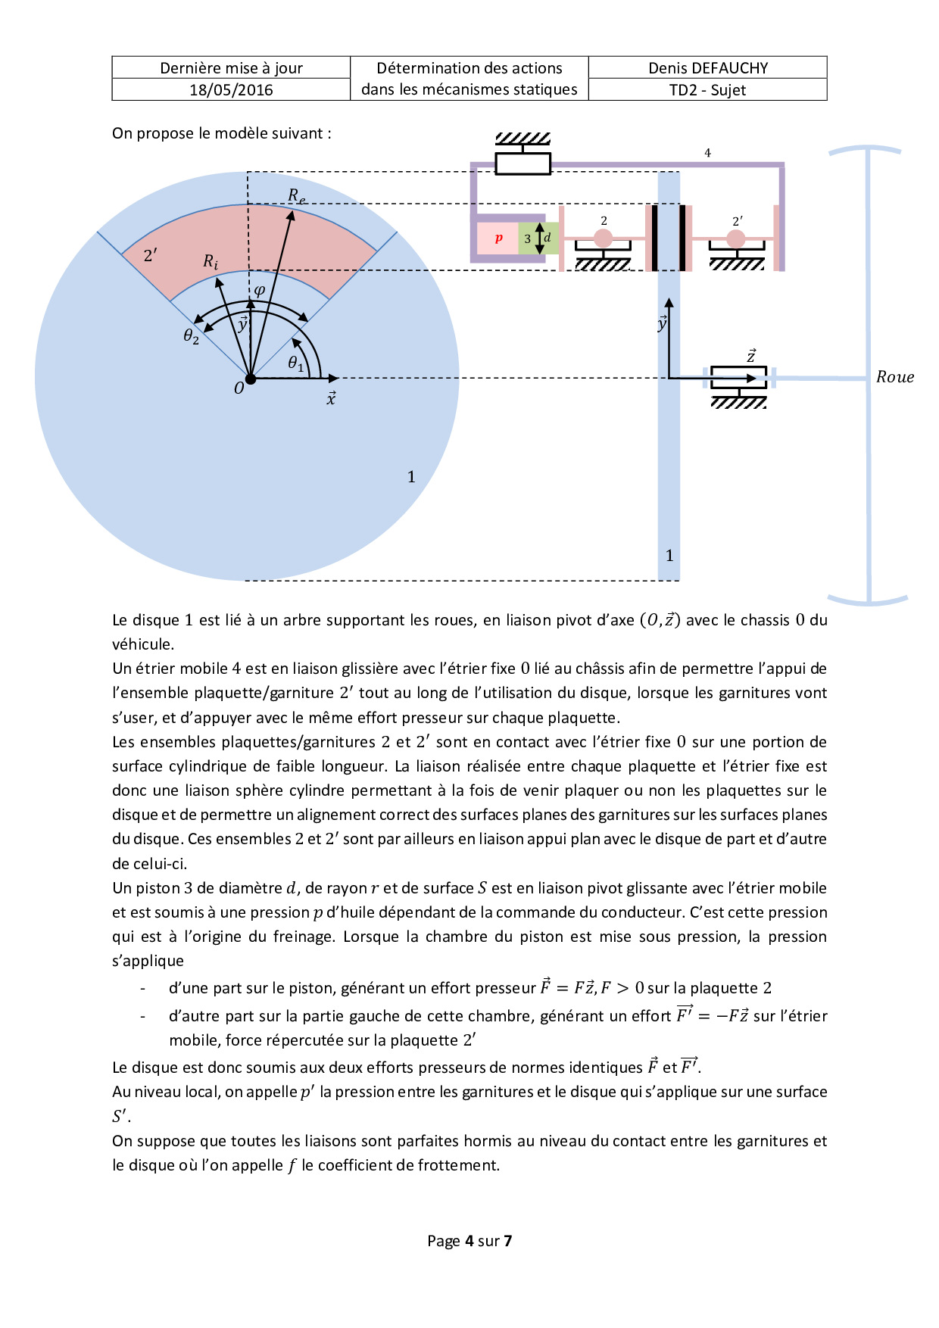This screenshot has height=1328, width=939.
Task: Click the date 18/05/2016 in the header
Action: click(231, 90)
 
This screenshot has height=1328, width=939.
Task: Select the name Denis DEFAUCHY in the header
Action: click(707, 68)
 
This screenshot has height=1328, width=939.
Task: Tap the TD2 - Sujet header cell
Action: click(707, 90)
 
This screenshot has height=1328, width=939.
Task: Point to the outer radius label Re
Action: click(296, 195)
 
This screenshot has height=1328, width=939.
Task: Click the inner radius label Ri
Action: click(211, 261)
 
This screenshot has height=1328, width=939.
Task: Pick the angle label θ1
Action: click(295, 363)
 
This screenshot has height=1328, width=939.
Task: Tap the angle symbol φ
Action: click(259, 290)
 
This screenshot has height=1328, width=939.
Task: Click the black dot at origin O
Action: click(250, 378)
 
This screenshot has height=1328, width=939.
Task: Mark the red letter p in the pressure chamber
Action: click(498, 238)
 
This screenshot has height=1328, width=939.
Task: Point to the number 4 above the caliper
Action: click(707, 153)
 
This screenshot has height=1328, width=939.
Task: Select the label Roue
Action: click(894, 377)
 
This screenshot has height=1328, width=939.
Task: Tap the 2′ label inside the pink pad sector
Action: click(151, 255)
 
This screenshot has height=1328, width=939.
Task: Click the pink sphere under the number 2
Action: click(603, 238)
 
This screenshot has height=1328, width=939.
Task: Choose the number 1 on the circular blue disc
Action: click(411, 476)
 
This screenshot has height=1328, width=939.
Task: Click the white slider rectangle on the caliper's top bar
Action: click(523, 164)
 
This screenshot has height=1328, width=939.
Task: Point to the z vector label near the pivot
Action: click(750, 356)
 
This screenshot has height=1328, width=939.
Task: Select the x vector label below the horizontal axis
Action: click(331, 398)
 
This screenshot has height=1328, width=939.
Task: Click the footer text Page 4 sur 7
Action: click(469, 1240)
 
